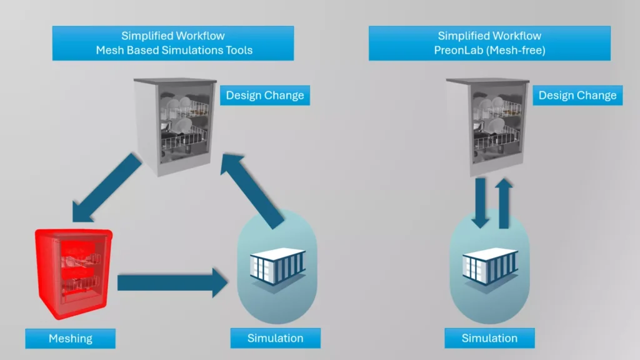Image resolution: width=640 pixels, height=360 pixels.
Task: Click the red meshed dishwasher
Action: [x=74, y=274]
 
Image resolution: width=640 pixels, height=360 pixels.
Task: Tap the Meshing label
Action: [x=71, y=339]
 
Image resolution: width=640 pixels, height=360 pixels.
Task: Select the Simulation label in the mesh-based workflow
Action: [x=275, y=339]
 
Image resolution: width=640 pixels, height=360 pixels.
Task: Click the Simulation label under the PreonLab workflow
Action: [x=489, y=339]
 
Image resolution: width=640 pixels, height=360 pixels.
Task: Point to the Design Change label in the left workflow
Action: [x=265, y=96]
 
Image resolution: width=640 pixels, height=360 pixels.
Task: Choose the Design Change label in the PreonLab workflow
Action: [x=577, y=96]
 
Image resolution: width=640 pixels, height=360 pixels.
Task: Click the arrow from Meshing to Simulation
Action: [x=172, y=282]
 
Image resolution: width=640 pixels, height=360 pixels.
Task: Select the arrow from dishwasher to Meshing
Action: [x=107, y=187]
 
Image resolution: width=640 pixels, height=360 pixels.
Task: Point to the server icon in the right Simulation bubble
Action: [x=490, y=267]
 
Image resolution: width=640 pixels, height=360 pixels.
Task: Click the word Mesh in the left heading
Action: [x=111, y=50]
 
